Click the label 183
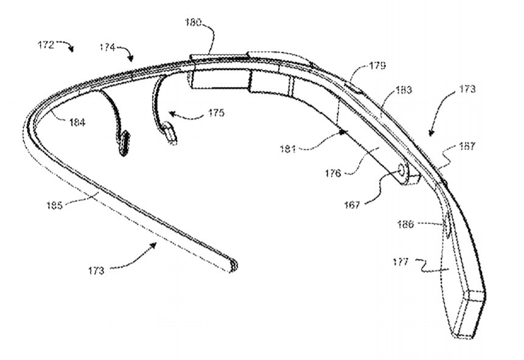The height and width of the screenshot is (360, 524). (403, 90)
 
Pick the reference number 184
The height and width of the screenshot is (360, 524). (76, 122)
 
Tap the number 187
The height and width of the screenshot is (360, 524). (468, 147)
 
